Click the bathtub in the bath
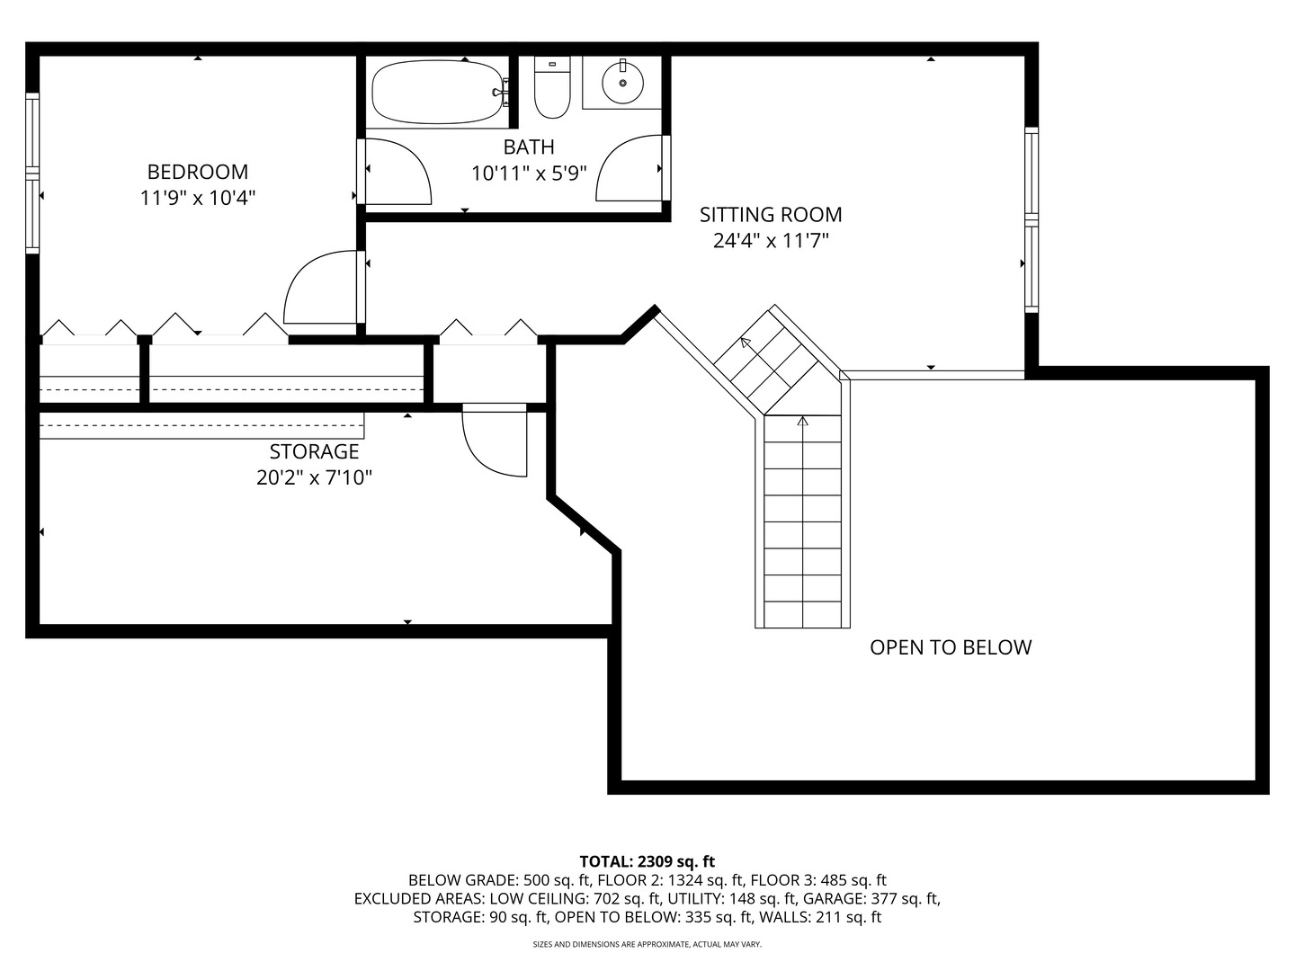[x=440, y=92]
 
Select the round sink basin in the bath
[x=622, y=83]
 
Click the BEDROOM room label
[x=198, y=172]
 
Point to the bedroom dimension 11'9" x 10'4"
[x=198, y=198]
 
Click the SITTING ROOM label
[x=771, y=215]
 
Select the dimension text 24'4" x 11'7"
[x=771, y=241]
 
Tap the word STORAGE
[x=314, y=451]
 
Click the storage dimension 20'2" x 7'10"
[x=314, y=477]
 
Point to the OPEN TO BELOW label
[x=951, y=647]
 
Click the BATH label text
[x=529, y=147]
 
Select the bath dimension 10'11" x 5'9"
[x=529, y=173]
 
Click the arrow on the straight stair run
[x=803, y=421]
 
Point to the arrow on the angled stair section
[x=746, y=343]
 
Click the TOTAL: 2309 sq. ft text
[x=647, y=861]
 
